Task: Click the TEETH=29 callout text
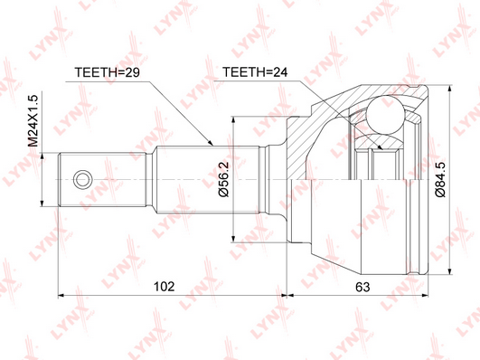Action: [x=108, y=72]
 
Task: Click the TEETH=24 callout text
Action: [x=255, y=72]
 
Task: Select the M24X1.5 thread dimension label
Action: [x=33, y=120]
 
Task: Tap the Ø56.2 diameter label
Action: [x=224, y=179]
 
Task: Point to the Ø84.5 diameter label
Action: [x=441, y=179]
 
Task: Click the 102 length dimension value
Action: [x=165, y=287]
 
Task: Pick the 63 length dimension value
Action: [x=362, y=287]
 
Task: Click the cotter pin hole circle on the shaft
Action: [x=82, y=179]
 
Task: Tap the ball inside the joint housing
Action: [x=386, y=116]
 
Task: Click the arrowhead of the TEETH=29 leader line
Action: [x=210, y=143]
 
